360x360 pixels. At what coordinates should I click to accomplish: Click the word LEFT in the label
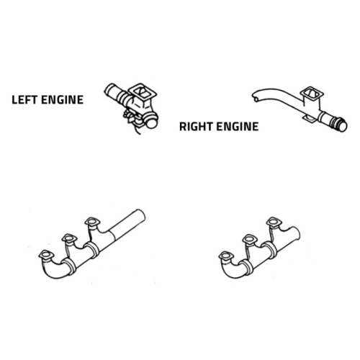[x=24, y=100]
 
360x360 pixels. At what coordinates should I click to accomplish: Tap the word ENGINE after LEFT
[x=62, y=100]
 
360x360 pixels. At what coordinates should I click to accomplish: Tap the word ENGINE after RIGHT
[x=238, y=127]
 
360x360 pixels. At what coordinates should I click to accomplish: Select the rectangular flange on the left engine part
[x=143, y=92]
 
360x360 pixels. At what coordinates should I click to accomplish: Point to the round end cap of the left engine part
[x=151, y=122]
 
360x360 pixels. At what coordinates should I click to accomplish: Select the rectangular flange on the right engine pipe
[x=312, y=94]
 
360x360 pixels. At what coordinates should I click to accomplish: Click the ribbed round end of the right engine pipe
[x=341, y=125]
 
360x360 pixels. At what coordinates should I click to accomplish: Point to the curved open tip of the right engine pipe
[x=256, y=96]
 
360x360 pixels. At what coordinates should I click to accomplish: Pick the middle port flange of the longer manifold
[x=69, y=238]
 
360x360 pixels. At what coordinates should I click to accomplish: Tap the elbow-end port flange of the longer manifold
[x=46, y=255]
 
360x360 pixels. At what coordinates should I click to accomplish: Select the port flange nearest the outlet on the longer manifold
[x=92, y=222]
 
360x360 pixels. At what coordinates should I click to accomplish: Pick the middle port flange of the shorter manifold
[x=250, y=240]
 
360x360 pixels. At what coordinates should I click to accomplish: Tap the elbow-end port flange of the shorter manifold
[x=226, y=256]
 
